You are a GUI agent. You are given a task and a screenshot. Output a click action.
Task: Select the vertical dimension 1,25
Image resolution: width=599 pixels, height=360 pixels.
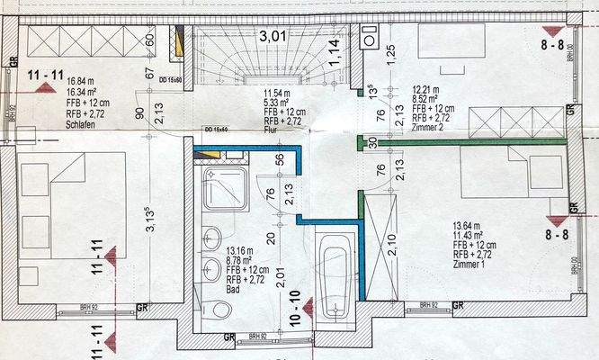coord(391,52)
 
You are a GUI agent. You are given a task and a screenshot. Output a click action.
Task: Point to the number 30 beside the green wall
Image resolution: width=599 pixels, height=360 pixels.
coord(371,143)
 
